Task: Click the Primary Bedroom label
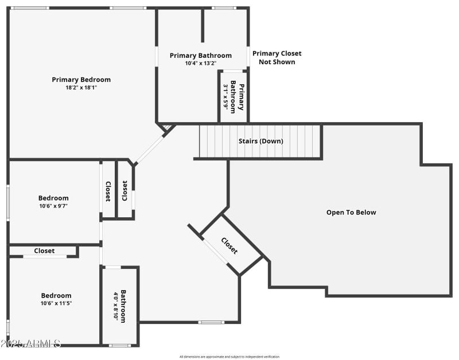tap(81, 80)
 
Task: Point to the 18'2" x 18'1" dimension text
tap(81, 88)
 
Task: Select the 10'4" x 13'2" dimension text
tap(200, 64)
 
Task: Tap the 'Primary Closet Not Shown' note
tap(277, 57)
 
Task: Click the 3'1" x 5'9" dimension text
tap(225, 96)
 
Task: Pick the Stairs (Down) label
tap(260, 141)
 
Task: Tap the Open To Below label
tap(351, 213)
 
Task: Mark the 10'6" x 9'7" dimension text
tap(53, 206)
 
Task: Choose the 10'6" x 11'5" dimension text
tap(56, 303)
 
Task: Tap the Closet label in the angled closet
tap(229, 246)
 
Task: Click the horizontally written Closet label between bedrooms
tap(44, 251)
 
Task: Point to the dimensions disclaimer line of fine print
tap(229, 357)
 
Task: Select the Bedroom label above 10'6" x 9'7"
tap(53, 198)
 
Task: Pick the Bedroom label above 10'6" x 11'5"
tap(56, 296)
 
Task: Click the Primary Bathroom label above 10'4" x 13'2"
tap(200, 56)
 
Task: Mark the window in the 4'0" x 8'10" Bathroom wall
tap(120, 345)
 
